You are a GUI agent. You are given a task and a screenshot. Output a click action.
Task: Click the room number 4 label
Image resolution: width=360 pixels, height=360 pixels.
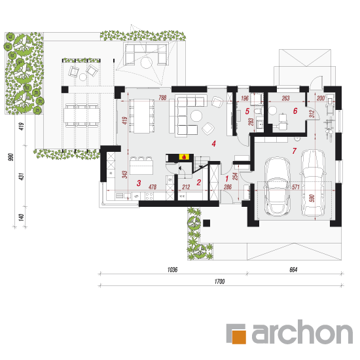214,144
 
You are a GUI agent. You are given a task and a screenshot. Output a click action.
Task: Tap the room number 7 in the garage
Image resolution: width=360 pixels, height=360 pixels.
295,151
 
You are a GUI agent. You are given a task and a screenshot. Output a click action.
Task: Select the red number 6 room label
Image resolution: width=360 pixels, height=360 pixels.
295,111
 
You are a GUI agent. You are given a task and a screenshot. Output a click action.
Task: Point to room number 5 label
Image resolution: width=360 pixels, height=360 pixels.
247,111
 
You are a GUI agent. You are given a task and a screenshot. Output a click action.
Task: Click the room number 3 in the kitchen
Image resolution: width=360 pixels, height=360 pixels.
139,183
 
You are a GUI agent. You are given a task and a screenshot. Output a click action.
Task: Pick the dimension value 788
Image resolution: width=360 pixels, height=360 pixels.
162,98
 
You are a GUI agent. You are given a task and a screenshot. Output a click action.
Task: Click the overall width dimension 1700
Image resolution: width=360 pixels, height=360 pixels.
219,281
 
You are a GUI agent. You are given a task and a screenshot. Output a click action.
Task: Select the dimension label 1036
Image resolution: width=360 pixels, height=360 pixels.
172,270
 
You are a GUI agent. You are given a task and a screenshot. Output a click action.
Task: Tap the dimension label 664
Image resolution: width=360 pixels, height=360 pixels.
293,270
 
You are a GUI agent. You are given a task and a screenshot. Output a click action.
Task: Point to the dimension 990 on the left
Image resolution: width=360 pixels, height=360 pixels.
10,157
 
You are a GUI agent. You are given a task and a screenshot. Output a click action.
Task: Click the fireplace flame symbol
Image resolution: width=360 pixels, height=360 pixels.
184,157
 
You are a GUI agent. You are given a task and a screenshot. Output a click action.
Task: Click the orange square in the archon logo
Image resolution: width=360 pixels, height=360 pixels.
239,337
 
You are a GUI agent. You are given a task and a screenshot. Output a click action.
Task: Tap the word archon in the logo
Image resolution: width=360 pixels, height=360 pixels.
302,333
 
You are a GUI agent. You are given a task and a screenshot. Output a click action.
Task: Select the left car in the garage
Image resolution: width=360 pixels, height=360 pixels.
277,186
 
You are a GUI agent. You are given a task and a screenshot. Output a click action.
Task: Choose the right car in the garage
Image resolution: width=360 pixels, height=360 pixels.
313,183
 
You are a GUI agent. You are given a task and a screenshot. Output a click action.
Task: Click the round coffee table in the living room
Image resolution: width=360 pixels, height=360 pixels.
196,115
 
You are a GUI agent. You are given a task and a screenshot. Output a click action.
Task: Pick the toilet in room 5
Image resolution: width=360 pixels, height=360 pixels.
259,111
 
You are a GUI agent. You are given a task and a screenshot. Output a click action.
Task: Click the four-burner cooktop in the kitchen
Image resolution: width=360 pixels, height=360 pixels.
149,196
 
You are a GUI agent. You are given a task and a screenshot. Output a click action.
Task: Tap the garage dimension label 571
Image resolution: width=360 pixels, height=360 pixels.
296,187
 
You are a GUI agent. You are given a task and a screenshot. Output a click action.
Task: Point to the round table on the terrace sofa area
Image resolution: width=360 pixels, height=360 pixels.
146,63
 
